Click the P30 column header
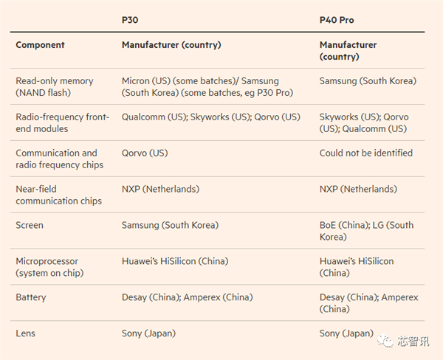(130, 20)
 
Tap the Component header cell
(41, 45)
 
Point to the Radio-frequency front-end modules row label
(62, 123)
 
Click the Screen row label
(30, 225)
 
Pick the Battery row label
(31, 297)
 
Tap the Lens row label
(26, 333)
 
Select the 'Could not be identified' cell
(366, 153)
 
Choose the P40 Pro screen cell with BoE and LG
(366, 231)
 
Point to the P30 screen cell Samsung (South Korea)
(170, 225)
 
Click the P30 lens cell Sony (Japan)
(148, 333)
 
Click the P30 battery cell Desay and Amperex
(187, 297)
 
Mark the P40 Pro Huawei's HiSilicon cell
(357, 267)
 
